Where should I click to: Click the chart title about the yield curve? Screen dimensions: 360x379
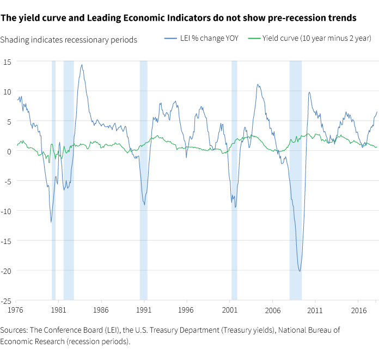pyautogui.click(x=179, y=18)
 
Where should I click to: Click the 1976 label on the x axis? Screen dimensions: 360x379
pyautogui.click(x=16, y=309)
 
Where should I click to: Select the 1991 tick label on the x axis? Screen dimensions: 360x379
pyautogui.click(x=144, y=309)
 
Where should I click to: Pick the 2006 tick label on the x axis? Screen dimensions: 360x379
pyautogui.click(x=272, y=309)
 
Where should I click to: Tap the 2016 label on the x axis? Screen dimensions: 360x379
pyautogui.click(x=358, y=309)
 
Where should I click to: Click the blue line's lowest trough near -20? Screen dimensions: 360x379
pyautogui.click(x=299, y=271)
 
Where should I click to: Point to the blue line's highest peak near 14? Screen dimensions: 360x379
pyautogui.click(x=82, y=65)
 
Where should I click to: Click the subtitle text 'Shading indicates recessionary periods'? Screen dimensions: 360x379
pyautogui.click(x=69, y=40)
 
